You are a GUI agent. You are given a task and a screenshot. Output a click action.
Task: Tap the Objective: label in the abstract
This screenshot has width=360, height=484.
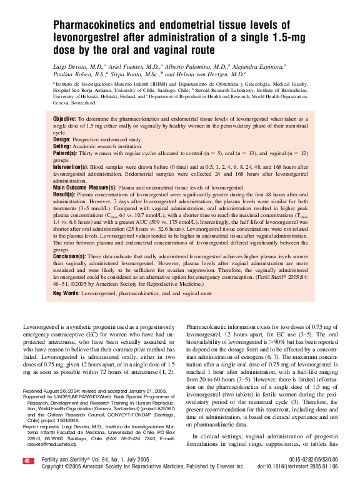coord(64,119)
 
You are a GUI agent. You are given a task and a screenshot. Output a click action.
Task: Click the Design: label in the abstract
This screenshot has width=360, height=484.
coord(62,139)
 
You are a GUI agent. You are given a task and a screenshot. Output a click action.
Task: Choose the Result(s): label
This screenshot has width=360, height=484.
coord(64,194)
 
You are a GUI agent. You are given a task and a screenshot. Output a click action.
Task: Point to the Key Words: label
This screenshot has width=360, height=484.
coord(66,293)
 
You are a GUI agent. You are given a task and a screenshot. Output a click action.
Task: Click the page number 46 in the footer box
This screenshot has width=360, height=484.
coord(27,461)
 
